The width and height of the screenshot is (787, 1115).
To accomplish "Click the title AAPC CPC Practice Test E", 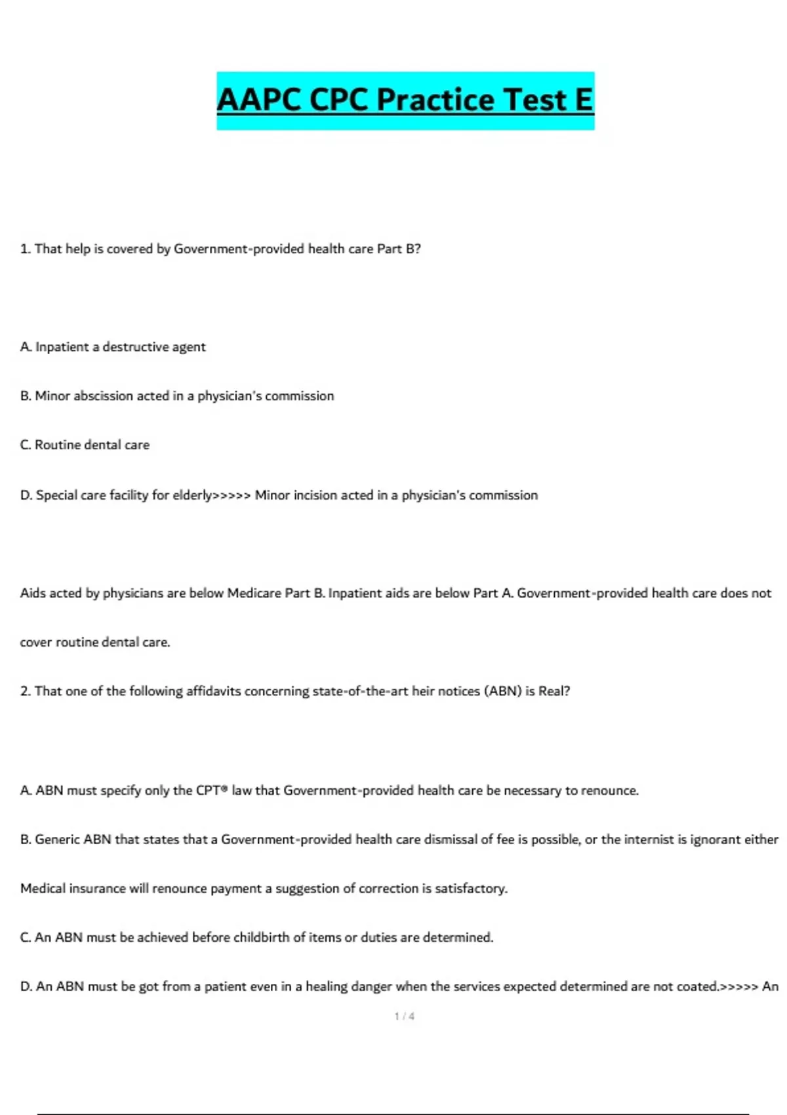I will [x=405, y=100].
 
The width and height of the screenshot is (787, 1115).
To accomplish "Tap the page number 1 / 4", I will [x=404, y=1016].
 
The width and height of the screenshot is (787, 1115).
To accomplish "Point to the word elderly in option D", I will [x=192, y=495].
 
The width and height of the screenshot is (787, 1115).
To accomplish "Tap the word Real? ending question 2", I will [x=554, y=691].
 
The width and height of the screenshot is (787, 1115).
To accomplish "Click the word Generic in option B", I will [x=57, y=840].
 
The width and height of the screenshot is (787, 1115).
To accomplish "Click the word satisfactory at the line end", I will [x=470, y=889].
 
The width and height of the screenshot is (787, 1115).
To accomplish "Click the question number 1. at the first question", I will [x=26, y=249].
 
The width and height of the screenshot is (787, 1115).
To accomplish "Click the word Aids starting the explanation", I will [x=33, y=593].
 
